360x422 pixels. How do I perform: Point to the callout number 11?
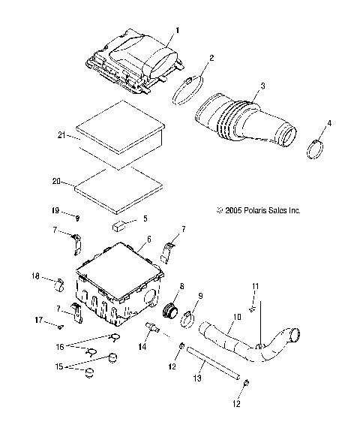(x=254, y=286)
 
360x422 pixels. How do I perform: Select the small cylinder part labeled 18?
(x=57, y=285)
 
